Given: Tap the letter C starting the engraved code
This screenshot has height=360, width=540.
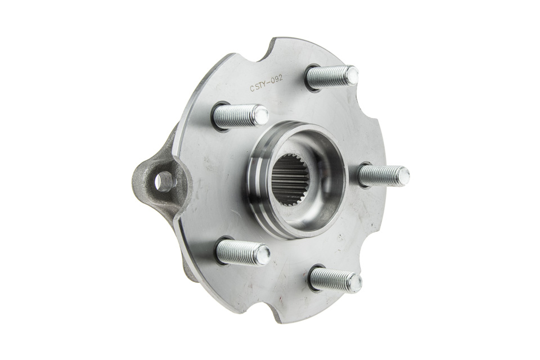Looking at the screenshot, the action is (253, 89).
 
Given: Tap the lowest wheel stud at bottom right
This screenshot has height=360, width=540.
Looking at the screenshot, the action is (335, 278).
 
